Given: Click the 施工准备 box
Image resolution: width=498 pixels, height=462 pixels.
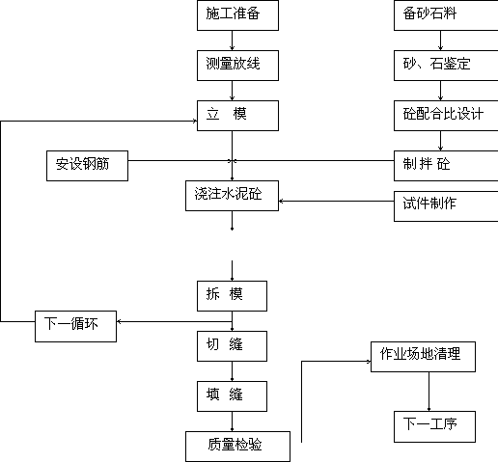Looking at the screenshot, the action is point(237,15).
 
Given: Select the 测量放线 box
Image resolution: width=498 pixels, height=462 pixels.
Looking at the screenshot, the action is point(237,66).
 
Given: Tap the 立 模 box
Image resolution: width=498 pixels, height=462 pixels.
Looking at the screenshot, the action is point(237,116).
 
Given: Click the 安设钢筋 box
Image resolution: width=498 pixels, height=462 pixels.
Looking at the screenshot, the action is point(87,166).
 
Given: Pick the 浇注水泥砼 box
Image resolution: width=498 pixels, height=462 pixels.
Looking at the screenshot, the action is point(232,196).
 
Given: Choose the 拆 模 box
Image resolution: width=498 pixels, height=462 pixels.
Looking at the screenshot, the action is point(232,296).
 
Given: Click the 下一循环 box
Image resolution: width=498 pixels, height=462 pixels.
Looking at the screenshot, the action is point(75,326).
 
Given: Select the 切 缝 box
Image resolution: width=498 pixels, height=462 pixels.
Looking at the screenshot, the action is point(232,346).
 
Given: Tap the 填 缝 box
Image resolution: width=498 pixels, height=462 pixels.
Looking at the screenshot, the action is point(232,396).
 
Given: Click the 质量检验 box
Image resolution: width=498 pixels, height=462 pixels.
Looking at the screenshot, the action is point(237,447).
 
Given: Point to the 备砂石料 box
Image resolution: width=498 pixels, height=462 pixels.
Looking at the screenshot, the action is point(446,15).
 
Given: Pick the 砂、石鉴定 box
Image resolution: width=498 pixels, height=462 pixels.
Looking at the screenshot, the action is point(446,66).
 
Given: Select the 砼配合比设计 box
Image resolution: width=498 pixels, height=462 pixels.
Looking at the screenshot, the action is point(446,116).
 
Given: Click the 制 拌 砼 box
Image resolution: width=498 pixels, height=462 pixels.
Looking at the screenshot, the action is point(446,166).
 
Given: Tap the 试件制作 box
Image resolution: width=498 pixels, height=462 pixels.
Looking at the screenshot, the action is point(446,206).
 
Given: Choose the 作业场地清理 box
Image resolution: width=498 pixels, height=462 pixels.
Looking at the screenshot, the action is point(423,357).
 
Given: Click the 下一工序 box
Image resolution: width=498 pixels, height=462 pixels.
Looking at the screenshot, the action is point(434,426).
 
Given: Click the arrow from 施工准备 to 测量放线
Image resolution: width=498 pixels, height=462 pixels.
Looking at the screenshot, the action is point(232,41).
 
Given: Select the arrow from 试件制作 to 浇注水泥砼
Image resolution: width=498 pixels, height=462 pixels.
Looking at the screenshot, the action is point(336,202).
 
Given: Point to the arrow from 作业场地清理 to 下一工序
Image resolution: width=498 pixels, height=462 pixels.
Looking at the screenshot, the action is point(429,392).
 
